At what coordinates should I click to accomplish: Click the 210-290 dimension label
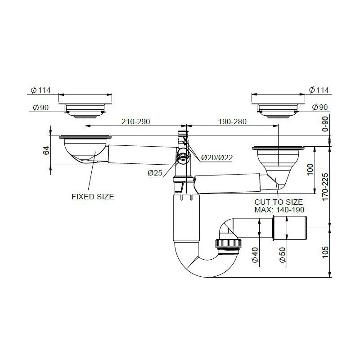135,121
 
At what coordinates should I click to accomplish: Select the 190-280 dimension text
232,121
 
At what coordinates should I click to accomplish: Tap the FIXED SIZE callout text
93,197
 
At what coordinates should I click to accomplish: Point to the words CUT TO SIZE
279,202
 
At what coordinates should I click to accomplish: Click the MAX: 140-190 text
279,210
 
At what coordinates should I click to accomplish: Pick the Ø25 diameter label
155,173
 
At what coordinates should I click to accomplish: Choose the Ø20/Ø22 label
217,158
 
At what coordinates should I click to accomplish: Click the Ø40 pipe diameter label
255,255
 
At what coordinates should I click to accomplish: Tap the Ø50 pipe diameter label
282,255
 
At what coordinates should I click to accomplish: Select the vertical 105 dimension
325,252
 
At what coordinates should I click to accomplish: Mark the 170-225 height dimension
325,187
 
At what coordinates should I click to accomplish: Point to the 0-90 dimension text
325,124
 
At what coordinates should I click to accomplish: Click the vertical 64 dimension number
46,150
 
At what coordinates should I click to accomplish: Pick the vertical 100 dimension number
310,170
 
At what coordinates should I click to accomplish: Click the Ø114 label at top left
40,90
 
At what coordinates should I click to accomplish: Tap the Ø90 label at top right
320,107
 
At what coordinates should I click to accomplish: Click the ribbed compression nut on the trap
228,243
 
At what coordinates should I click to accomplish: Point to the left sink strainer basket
85,149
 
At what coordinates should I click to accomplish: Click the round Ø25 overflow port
183,156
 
